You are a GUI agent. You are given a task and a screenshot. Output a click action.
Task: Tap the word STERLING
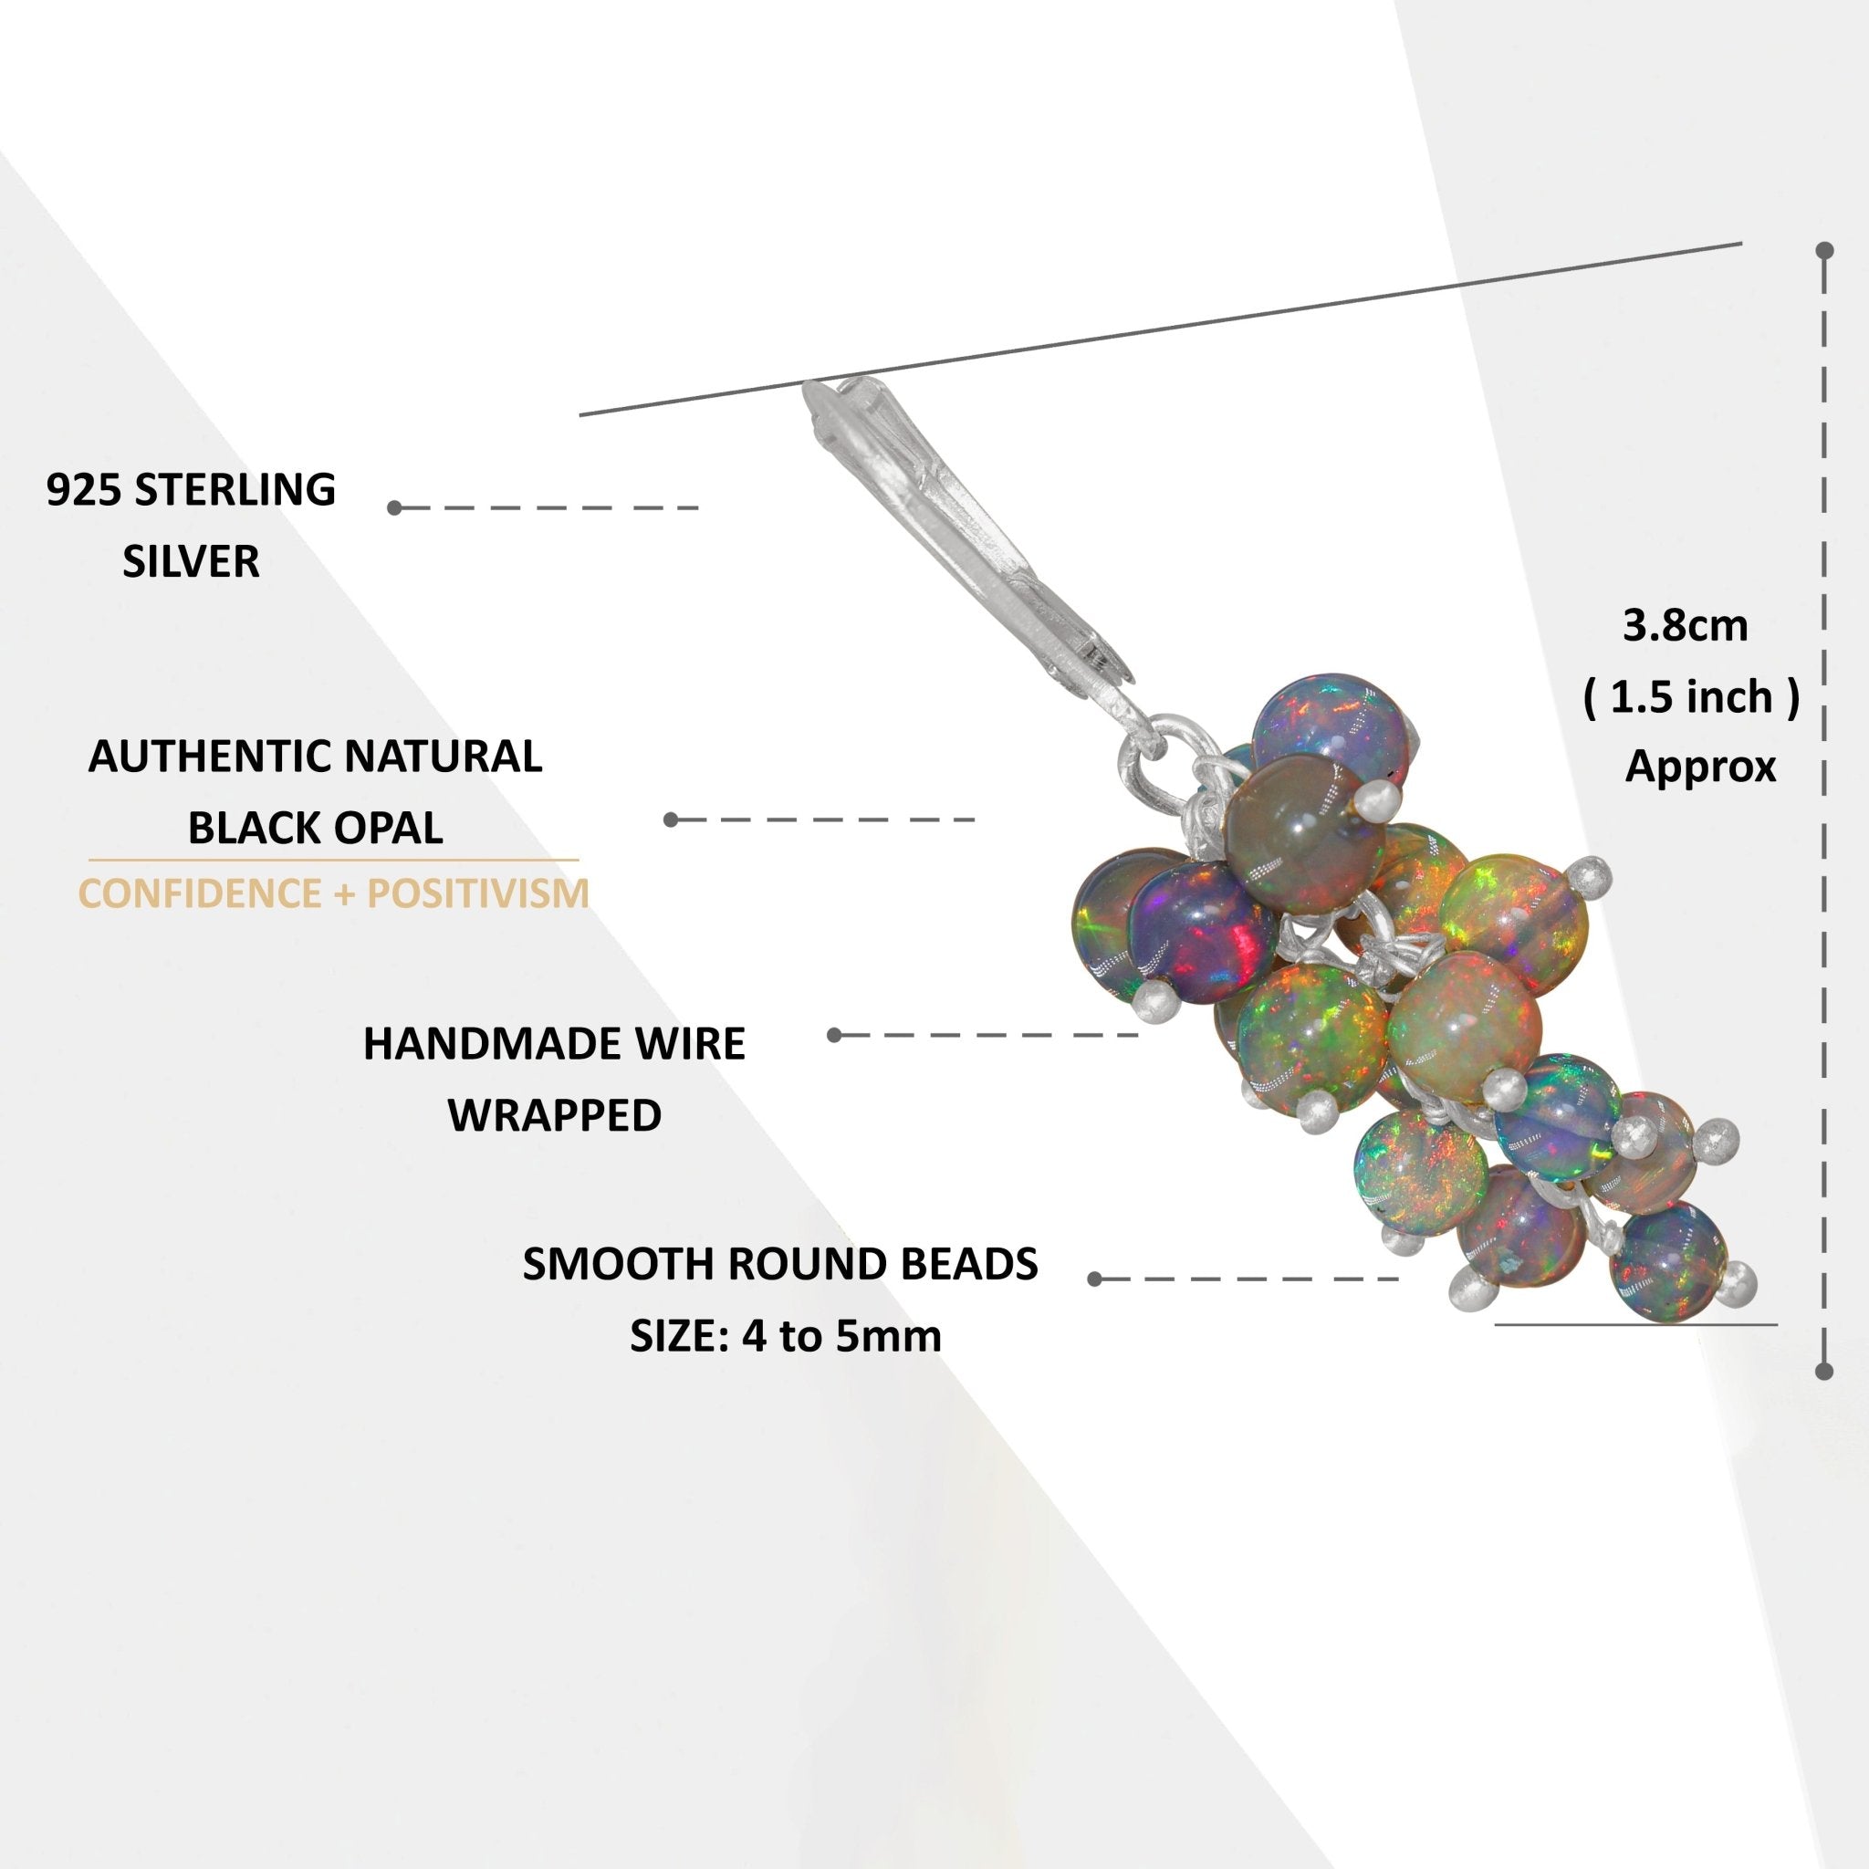(235, 490)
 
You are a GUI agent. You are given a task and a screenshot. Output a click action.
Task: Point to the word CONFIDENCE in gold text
(197, 893)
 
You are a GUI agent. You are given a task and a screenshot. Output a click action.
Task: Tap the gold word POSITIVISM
(478, 893)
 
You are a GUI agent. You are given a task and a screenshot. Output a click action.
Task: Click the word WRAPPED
(554, 1115)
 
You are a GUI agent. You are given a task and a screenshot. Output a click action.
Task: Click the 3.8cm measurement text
(1686, 626)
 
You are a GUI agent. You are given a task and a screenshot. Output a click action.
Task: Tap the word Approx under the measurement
(1699, 767)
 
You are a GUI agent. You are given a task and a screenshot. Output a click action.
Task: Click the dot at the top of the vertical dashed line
(1824, 252)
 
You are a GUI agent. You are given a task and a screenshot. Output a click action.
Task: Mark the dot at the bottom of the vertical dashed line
(1824, 1371)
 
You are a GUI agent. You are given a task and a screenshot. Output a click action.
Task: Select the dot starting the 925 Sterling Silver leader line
(394, 508)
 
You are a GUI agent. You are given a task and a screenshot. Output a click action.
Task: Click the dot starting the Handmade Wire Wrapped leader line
(835, 1035)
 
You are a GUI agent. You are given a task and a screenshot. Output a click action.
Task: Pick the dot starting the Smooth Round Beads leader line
(1095, 1279)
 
